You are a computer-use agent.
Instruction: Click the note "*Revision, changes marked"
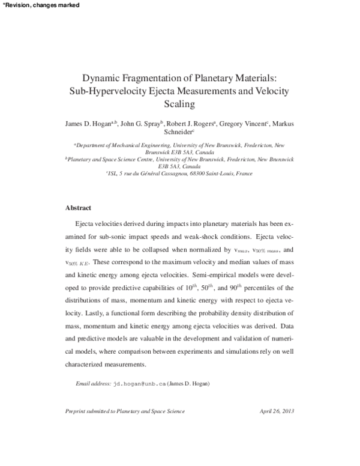(37, 5)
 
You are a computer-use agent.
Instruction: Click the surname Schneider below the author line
(178, 132)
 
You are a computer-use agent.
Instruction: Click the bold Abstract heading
(78, 208)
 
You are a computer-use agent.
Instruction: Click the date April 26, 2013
(277, 411)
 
